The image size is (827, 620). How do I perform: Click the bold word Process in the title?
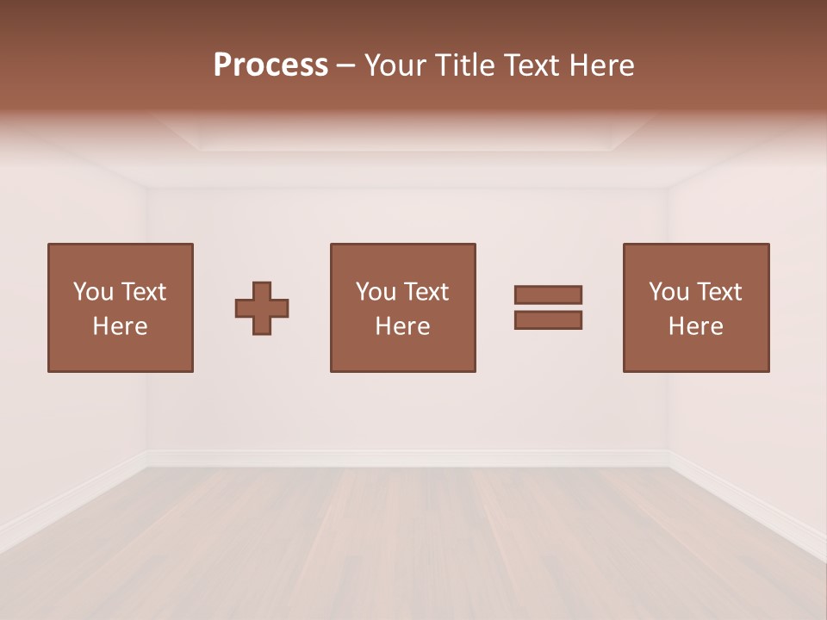click(x=270, y=65)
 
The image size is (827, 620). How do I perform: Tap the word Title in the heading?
click(x=464, y=65)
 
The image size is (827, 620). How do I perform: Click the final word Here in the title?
click(x=600, y=65)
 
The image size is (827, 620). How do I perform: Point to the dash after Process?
click(x=346, y=65)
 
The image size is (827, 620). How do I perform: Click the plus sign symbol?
click(x=262, y=308)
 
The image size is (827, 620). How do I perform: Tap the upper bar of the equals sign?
click(x=548, y=295)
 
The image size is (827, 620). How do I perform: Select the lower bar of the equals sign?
click(x=548, y=319)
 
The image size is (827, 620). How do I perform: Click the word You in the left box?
click(x=93, y=292)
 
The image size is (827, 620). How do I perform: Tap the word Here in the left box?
click(x=120, y=326)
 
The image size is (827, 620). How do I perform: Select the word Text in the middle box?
click(x=426, y=292)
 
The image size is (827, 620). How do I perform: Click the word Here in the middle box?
click(x=402, y=326)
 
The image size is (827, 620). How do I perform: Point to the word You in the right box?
click(x=668, y=292)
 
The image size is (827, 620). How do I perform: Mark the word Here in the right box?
click(x=695, y=326)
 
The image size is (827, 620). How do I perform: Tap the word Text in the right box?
click(x=718, y=292)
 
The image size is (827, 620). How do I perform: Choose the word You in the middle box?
click(x=376, y=292)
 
